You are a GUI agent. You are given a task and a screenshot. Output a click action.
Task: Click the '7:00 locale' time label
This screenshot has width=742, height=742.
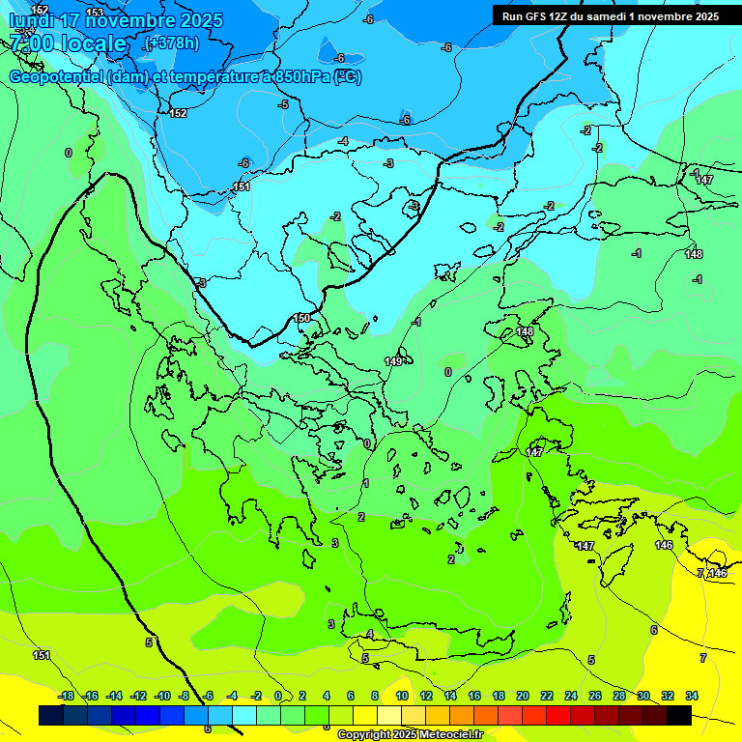(x=68, y=43)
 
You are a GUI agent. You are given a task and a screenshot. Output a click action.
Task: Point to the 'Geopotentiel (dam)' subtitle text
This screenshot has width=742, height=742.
(x=77, y=77)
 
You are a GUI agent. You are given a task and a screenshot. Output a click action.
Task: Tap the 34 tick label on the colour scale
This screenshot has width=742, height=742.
(x=692, y=696)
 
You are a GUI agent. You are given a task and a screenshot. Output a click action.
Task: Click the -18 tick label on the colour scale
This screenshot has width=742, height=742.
(x=66, y=696)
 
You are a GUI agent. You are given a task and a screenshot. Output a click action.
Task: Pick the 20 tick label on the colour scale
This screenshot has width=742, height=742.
(x=523, y=696)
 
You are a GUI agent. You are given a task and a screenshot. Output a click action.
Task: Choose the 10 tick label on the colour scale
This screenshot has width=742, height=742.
(x=402, y=696)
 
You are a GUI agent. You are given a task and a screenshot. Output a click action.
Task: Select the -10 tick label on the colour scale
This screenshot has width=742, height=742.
(x=161, y=696)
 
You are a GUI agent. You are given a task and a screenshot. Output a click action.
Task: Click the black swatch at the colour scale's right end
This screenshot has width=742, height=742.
(x=679, y=715)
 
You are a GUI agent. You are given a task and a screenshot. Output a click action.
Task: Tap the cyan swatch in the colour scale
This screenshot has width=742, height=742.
(x=244, y=715)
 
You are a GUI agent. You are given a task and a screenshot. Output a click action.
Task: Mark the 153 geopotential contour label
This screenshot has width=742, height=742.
(x=95, y=13)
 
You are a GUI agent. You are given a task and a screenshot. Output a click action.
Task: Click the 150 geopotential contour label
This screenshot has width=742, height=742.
(x=301, y=318)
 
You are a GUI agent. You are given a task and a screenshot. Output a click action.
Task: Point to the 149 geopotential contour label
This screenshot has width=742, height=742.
(x=393, y=361)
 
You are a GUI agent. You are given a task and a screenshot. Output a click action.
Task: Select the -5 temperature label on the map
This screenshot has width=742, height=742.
(x=283, y=104)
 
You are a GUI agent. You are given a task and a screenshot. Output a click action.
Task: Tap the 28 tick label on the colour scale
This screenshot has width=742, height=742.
(x=619, y=696)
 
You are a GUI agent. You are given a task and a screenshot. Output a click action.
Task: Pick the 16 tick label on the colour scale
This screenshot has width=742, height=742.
(x=474, y=696)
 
